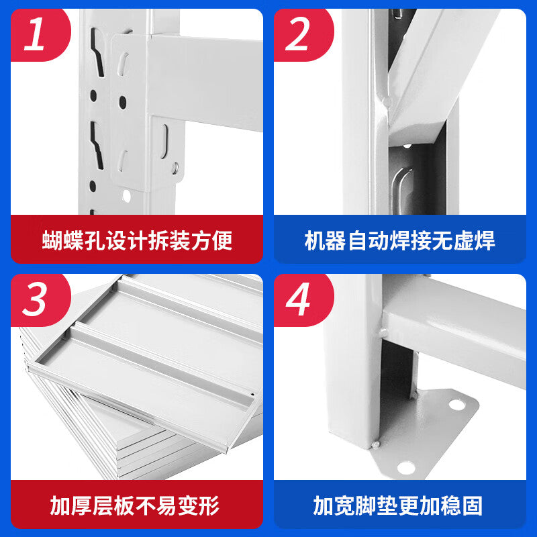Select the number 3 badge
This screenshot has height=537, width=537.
[x=35, y=299]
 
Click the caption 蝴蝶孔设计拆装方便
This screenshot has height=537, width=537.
[x=137, y=240]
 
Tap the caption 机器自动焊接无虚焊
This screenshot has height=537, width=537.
[x=400, y=240]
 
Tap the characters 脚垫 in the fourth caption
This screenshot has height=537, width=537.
[x=387, y=505]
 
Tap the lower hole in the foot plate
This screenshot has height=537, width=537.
[x=405, y=466]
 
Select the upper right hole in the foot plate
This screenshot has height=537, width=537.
[x=456, y=405]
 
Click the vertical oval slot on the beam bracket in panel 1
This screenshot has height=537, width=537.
[x=164, y=136]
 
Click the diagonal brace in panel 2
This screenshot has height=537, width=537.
[x=430, y=74]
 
